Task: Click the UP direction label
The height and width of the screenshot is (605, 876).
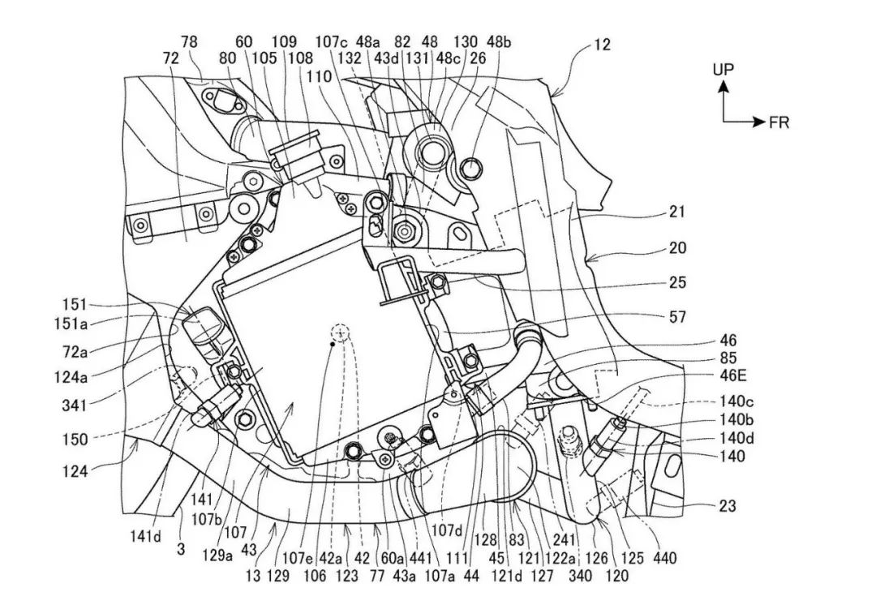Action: [724, 70]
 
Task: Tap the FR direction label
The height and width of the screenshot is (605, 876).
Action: [779, 123]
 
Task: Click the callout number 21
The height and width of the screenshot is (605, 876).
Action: [677, 212]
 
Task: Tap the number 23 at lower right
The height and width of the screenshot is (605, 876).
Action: [727, 506]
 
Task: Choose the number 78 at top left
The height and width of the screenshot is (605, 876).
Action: [189, 42]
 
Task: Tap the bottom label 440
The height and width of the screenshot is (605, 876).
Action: [664, 559]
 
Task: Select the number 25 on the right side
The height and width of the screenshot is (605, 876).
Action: [677, 282]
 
